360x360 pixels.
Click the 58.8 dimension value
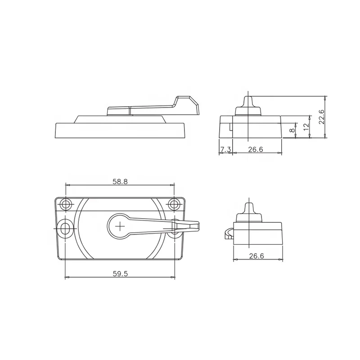pyautogui.click(x=120, y=182)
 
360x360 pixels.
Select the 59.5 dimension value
pyautogui.click(x=120, y=274)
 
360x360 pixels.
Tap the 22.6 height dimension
pyautogui.click(x=321, y=117)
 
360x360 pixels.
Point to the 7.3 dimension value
pyautogui.click(x=225, y=149)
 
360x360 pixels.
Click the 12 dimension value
pyautogui.click(x=306, y=126)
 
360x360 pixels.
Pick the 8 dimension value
pyautogui.click(x=292, y=130)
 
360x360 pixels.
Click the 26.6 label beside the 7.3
pyautogui.click(x=255, y=149)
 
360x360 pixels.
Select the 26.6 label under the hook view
pyautogui.click(x=256, y=256)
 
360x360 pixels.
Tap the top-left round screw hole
pyautogui.click(x=66, y=204)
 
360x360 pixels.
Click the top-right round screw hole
pyautogui.click(x=174, y=204)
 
